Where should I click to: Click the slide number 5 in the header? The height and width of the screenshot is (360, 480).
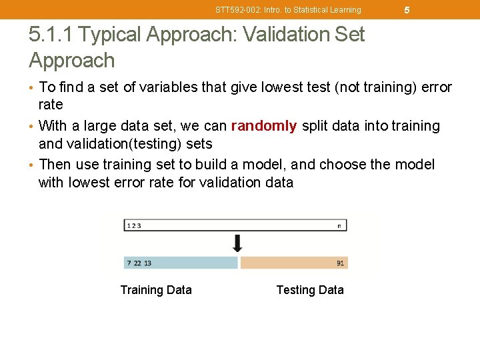(407, 10)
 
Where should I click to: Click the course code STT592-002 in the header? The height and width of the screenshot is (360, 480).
(237, 10)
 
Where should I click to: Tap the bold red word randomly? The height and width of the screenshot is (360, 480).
(264, 126)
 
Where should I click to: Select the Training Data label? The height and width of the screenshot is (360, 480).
(156, 290)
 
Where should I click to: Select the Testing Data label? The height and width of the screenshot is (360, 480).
(310, 290)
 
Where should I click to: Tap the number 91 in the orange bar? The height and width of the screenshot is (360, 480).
(340, 263)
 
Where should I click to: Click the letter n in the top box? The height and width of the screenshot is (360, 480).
(339, 226)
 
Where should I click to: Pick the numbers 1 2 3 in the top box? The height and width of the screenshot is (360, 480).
(134, 226)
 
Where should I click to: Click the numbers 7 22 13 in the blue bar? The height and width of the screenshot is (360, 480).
(139, 263)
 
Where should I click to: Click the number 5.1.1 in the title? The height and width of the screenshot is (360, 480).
(51, 35)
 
